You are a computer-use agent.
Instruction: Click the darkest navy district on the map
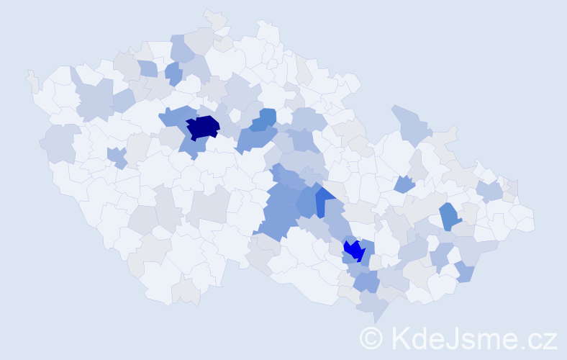(202, 127)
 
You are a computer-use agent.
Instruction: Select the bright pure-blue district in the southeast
(353, 250)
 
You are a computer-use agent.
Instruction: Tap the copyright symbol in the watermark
(371, 338)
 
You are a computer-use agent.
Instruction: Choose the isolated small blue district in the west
(116, 156)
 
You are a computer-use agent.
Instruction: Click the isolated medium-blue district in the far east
(449, 215)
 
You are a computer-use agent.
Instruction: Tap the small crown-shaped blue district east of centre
(404, 184)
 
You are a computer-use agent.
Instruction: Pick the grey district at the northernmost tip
(215, 18)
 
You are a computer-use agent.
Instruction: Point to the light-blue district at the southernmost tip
(373, 306)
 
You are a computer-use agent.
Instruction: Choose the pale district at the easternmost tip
(525, 219)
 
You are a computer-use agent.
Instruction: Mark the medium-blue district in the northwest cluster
(173, 73)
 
